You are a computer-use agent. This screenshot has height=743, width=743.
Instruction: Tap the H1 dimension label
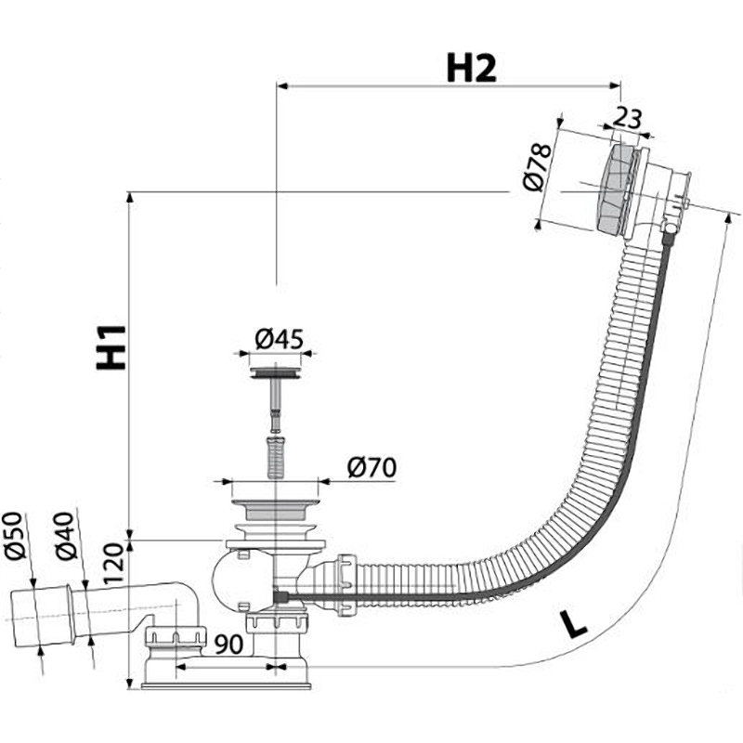(111, 345)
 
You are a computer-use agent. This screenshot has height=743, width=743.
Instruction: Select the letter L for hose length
(576, 624)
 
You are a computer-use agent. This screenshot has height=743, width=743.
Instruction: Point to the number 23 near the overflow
(629, 118)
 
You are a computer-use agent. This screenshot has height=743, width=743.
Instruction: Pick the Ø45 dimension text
(279, 339)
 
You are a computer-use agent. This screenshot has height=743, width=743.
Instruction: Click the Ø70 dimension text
(371, 467)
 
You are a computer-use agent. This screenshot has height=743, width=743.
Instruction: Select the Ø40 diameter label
(65, 536)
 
